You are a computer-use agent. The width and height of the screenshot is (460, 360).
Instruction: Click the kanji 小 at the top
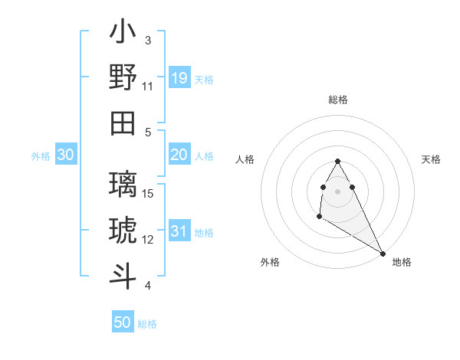click(123, 34)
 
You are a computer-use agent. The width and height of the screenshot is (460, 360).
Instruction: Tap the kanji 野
click(123, 78)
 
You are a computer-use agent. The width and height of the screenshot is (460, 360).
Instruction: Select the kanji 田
click(123, 123)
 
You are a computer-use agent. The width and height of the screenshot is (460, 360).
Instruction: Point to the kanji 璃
click(123, 185)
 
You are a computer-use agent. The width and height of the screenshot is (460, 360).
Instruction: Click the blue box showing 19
click(179, 77)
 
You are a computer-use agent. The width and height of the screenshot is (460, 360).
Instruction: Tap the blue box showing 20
click(179, 155)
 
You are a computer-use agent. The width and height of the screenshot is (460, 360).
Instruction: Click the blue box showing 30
click(66, 155)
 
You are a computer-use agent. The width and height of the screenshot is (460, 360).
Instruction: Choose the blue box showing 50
click(123, 322)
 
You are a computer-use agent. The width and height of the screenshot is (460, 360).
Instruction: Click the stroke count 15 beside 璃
click(149, 193)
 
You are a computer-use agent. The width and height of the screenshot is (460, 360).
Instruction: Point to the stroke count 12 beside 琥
click(149, 239)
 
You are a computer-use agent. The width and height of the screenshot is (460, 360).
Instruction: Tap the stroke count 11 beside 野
click(149, 86)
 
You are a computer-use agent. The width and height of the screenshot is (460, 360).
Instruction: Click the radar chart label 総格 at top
click(338, 100)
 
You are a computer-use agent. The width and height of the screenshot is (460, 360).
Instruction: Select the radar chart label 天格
click(432, 159)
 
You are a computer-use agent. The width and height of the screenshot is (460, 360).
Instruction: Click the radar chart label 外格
click(270, 262)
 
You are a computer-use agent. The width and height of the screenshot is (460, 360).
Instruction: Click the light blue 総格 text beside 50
click(147, 324)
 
